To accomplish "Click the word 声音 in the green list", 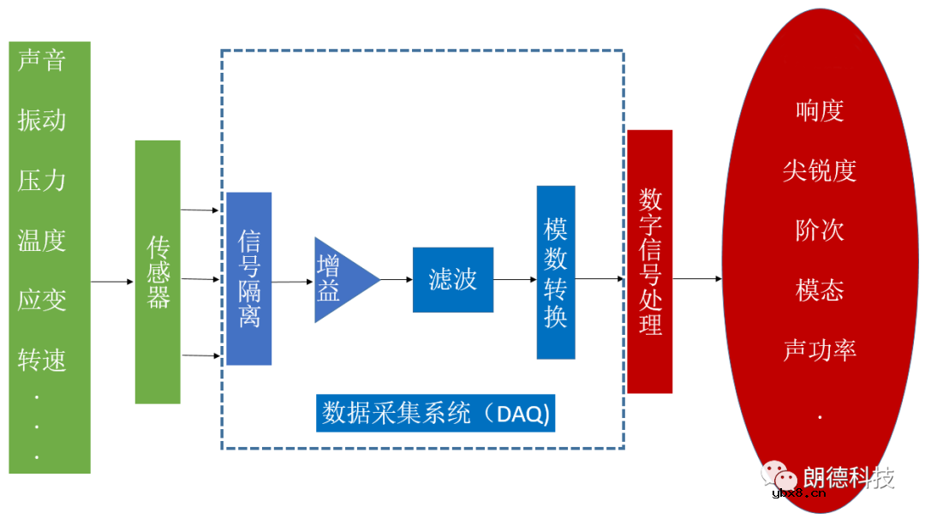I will [41, 60].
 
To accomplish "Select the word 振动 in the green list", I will [41, 120].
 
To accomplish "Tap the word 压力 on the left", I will [41, 180].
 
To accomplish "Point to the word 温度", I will [41, 240].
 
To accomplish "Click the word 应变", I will [41, 300].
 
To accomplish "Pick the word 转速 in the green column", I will [41, 361].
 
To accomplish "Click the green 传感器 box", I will [158, 271].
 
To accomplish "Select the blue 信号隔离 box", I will [249, 278].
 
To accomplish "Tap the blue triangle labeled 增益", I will [338, 279].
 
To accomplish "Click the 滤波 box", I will [452, 279].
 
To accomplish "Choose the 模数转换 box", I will [556, 272].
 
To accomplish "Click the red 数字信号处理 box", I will [650, 261].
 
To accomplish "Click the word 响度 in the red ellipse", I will [820, 110].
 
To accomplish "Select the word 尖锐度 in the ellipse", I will [820, 170].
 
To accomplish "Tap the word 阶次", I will [820, 230].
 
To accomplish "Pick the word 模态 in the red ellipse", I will [820, 290].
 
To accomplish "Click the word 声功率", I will [820, 350].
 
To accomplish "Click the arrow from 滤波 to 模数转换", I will [515, 279].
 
